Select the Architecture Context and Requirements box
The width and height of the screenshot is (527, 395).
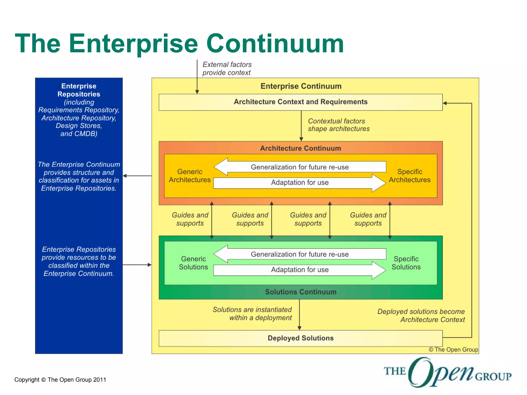pyautogui.click(x=300, y=102)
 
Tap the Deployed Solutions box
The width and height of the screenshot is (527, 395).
pyautogui.click(x=300, y=338)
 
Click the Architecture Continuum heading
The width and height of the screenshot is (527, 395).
pyautogui.click(x=300, y=148)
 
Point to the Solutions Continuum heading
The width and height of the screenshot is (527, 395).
pyautogui.click(x=301, y=292)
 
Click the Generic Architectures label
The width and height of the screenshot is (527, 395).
pyautogui.click(x=190, y=176)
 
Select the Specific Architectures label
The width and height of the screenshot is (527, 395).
pyautogui.click(x=409, y=176)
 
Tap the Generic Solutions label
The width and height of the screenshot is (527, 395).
pyautogui.click(x=193, y=263)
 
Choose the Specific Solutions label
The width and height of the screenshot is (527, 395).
pyautogui.click(x=406, y=263)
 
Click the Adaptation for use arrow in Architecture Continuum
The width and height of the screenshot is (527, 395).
pyautogui.click(x=300, y=183)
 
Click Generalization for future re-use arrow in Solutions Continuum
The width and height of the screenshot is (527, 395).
pyautogui.click(x=300, y=254)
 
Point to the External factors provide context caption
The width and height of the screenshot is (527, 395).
pyautogui.click(x=227, y=68)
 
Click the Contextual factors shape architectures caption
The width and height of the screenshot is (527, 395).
pyautogui.click(x=338, y=125)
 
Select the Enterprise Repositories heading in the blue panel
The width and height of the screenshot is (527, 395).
pyautogui.click(x=79, y=90)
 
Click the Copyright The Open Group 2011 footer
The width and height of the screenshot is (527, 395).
pyautogui.click(x=60, y=380)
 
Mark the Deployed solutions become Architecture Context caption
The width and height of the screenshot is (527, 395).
pyautogui.click(x=421, y=316)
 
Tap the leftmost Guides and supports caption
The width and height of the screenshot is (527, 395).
pyautogui.click(x=190, y=219)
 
